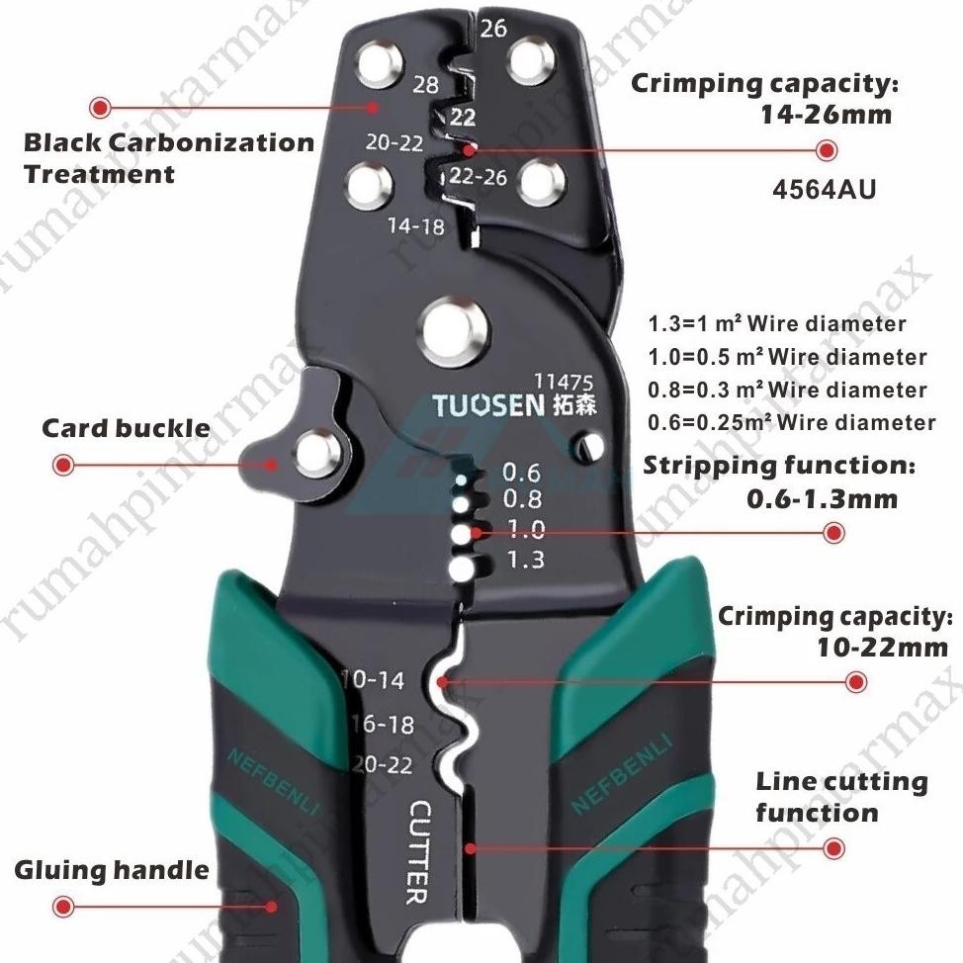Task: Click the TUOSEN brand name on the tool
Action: click(x=488, y=406)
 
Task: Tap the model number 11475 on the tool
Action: click(x=564, y=382)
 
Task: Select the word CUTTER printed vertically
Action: click(x=419, y=852)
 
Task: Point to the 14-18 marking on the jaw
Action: click(x=416, y=226)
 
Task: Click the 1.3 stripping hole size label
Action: click(x=526, y=559)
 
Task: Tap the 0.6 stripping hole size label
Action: click(x=521, y=473)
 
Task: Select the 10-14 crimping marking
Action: click(x=373, y=680)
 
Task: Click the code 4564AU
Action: click(x=825, y=189)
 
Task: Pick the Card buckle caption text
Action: click(x=126, y=428)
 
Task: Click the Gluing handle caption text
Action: click(x=112, y=870)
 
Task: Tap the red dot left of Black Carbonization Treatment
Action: click(x=100, y=108)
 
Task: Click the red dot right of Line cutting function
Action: click(x=833, y=848)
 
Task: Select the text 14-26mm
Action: click(x=826, y=115)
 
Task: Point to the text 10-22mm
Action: click(x=883, y=648)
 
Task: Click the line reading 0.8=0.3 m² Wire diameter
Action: click(x=787, y=390)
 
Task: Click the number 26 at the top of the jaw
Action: click(x=493, y=29)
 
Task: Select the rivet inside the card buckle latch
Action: click(x=317, y=454)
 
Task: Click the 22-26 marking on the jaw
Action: click(x=478, y=177)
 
